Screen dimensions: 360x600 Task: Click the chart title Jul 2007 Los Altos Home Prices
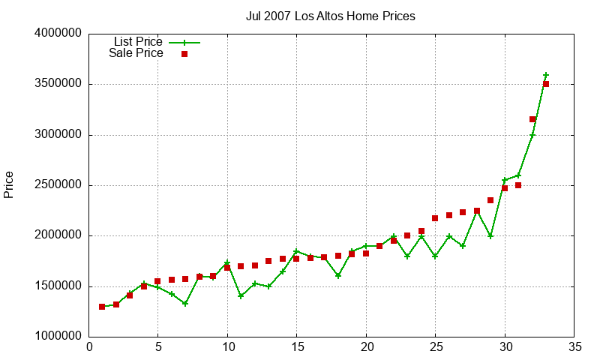330,16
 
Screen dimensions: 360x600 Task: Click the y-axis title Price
9,184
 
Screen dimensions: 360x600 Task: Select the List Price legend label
138,42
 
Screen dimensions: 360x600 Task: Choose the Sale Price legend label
136,53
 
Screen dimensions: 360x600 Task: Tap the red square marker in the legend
184,54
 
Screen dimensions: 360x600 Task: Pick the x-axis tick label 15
296,347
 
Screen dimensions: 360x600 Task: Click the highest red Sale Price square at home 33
546,84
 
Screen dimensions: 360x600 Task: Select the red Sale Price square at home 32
532,119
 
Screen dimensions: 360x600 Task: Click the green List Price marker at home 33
546,75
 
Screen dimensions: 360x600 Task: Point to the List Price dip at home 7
185,304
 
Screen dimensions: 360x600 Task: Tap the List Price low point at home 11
241,296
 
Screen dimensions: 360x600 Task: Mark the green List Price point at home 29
490,236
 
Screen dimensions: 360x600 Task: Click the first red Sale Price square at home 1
102,307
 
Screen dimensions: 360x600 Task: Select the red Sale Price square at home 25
435,218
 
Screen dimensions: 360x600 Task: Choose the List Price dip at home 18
338,276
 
